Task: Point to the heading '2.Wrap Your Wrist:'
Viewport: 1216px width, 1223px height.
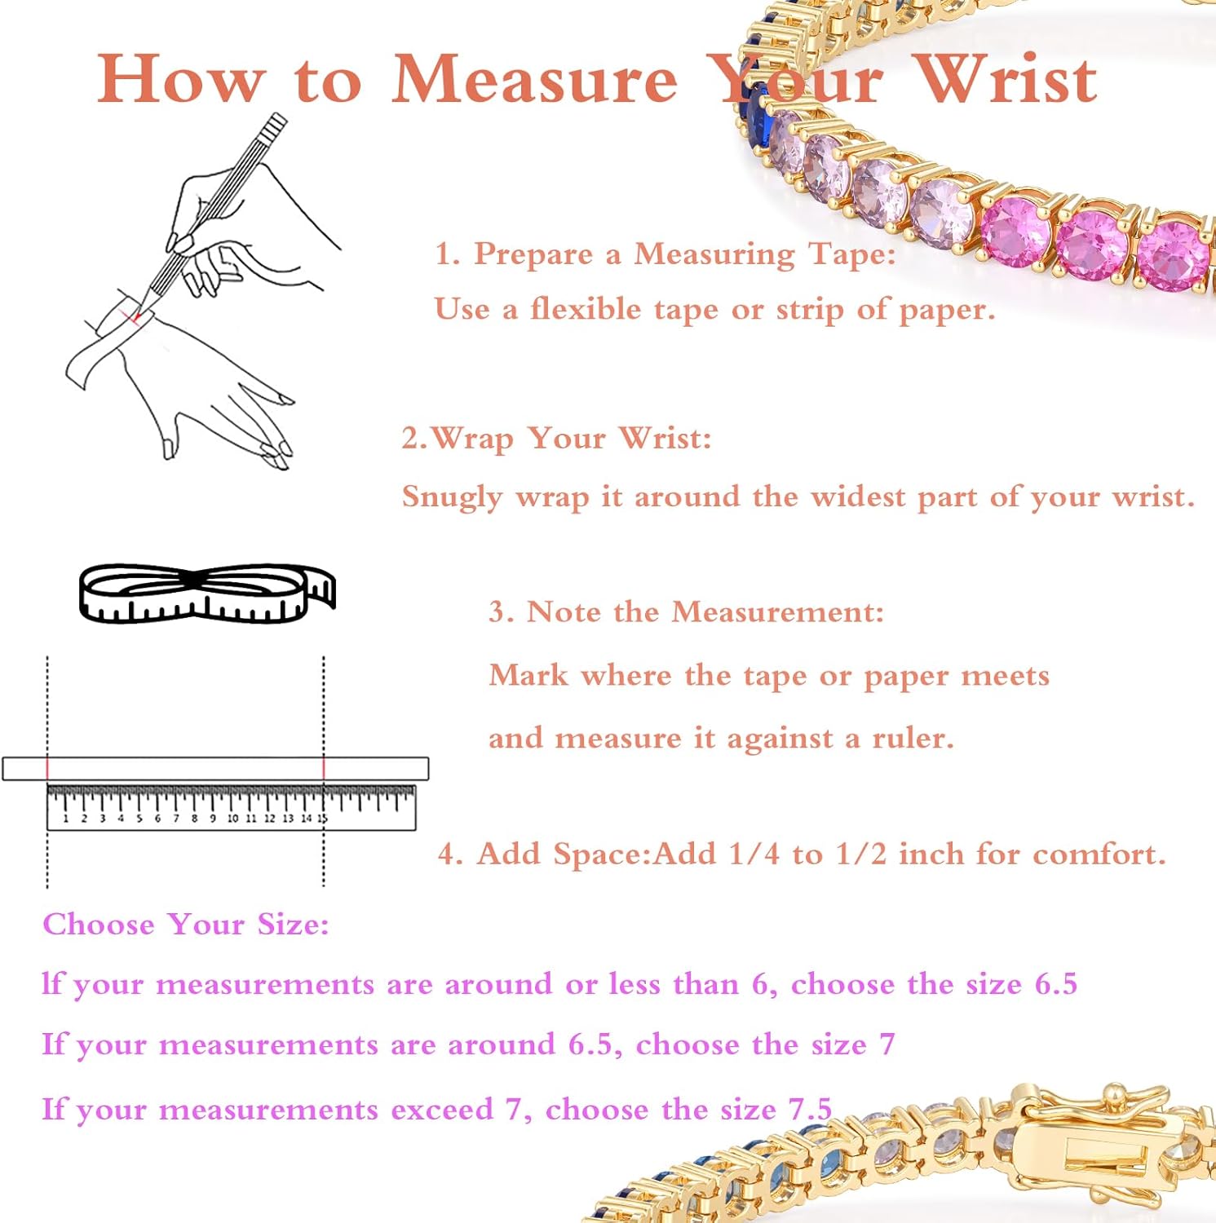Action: (556, 438)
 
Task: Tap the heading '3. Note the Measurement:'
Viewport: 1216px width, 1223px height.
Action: (686, 611)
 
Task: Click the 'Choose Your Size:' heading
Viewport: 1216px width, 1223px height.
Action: (186, 924)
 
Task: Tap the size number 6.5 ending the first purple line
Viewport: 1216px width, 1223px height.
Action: (1055, 984)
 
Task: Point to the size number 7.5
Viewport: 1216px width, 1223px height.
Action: (809, 1109)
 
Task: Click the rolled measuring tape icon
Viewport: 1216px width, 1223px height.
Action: (206, 594)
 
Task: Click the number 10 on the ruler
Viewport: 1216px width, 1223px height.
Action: (232, 818)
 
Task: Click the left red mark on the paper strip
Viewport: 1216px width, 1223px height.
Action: (47, 768)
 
